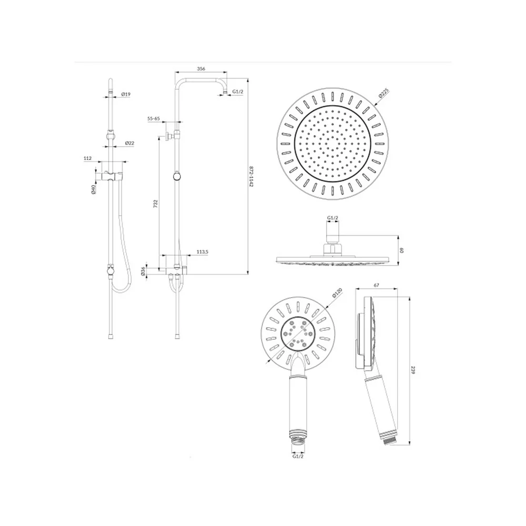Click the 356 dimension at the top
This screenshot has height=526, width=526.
(x=200, y=69)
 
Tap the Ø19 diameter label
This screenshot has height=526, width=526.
(x=126, y=94)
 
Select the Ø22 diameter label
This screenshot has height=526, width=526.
(x=129, y=143)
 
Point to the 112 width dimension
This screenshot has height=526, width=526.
(x=87, y=158)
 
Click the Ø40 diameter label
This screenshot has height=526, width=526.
(x=94, y=189)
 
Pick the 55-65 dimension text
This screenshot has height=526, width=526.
(x=154, y=118)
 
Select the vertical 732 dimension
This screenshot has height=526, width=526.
(x=155, y=204)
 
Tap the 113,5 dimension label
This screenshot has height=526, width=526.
(x=203, y=251)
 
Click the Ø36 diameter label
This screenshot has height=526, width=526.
(x=143, y=271)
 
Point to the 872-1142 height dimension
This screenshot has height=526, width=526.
(x=251, y=176)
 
